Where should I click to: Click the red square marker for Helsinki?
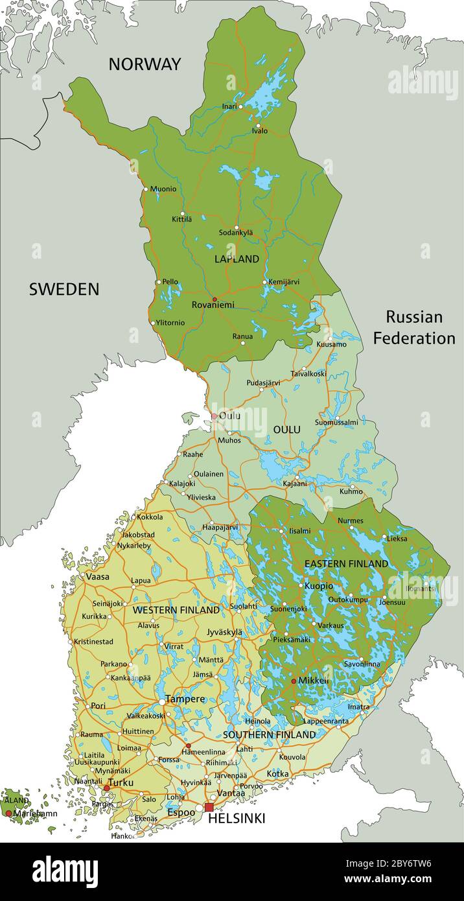coord(209,807)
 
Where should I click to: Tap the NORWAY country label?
coord(145,64)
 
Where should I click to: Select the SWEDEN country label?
coord(64,289)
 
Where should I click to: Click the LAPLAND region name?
coord(237,259)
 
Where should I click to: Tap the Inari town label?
coord(229,106)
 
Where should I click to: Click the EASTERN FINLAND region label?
coord(346,564)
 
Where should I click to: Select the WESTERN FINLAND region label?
coord(176,610)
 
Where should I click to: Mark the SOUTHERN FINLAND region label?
coord(269,734)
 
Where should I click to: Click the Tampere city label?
coord(185,699)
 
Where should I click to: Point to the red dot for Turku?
coord(107,788)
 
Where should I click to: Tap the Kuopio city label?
coord(319,586)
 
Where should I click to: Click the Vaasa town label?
coord(97,576)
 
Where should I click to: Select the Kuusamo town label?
coord(332,344)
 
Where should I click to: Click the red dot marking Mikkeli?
coord(294,681)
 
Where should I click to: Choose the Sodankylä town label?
coord(236,233)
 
